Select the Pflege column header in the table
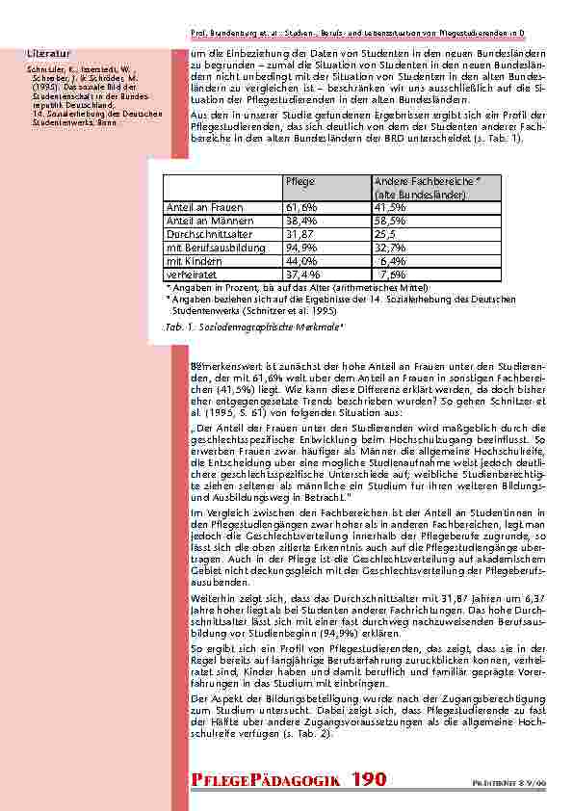click(299, 181)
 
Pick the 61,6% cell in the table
click(301, 207)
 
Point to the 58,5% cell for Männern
click(389, 221)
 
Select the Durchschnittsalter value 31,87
click(300, 233)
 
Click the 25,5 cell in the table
click(385, 233)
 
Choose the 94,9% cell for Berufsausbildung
click(301, 247)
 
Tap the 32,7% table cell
click(389, 247)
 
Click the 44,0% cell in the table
click(301, 260)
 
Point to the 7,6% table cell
click(391, 274)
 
